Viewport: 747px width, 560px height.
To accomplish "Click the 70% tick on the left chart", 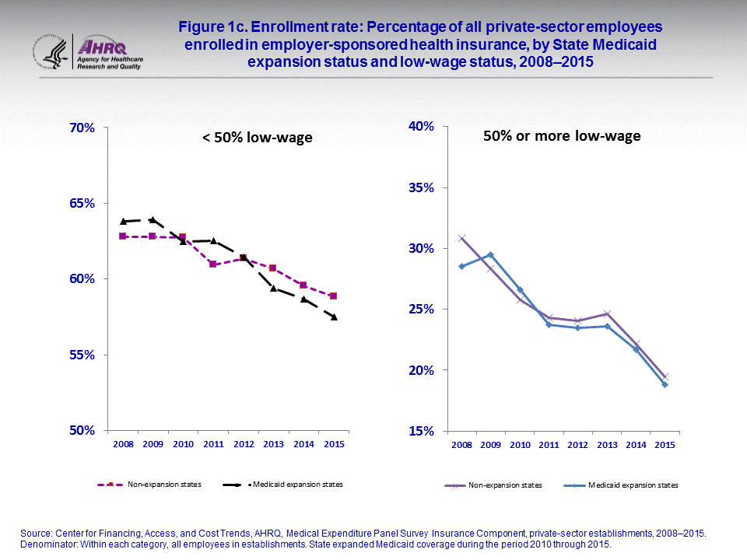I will pyautogui.click(x=82, y=128).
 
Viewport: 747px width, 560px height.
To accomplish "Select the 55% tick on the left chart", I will pyautogui.click(x=82, y=355).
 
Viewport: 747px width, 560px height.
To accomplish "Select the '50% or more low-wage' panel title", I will pyautogui.click(x=562, y=136).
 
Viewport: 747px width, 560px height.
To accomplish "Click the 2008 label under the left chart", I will pyautogui.click(x=123, y=445).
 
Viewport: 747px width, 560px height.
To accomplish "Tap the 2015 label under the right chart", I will pyautogui.click(x=665, y=445).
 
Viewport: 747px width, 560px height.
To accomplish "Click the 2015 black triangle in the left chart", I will pyautogui.click(x=333, y=317).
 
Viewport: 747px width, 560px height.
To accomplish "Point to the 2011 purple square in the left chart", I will pyautogui.click(x=212, y=264).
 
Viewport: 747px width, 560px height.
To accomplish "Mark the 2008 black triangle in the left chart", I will pyautogui.click(x=123, y=221).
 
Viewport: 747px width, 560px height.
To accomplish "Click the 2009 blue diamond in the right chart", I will pyautogui.click(x=490, y=254).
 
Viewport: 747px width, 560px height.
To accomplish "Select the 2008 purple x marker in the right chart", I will pyautogui.click(x=461, y=238).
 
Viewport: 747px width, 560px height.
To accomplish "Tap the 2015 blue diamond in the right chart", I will pyautogui.click(x=665, y=384).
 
